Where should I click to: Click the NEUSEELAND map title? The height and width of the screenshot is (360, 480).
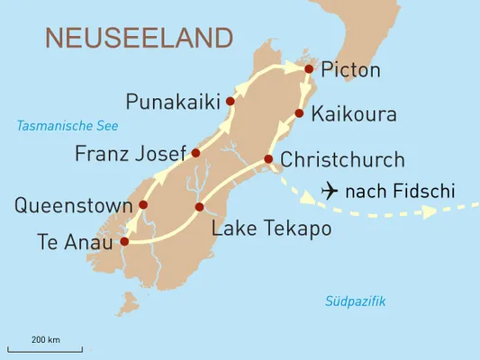(x=138, y=38)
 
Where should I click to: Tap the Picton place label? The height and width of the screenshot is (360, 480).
(x=351, y=70)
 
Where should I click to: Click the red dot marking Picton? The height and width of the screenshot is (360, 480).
(x=309, y=68)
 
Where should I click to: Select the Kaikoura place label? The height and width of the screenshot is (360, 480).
(x=353, y=115)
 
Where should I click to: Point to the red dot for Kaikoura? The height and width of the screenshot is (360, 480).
(x=299, y=113)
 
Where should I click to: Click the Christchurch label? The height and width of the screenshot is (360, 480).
(x=342, y=160)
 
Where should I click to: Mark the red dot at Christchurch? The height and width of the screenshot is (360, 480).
(x=267, y=160)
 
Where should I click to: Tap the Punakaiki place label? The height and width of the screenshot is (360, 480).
(x=174, y=102)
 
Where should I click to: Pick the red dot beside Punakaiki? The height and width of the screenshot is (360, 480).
(x=231, y=102)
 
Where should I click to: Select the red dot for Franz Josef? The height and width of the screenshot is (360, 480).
(x=195, y=153)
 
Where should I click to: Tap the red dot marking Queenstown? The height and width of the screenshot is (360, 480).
(x=143, y=205)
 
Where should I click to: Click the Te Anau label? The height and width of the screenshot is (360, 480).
(x=76, y=241)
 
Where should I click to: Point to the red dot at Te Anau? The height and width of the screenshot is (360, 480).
(x=124, y=241)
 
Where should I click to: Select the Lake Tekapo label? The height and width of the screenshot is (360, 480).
(x=271, y=229)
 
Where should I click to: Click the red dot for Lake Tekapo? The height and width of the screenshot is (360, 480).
(x=199, y=208)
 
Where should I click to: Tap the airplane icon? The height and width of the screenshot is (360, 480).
(x=329, y=192)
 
